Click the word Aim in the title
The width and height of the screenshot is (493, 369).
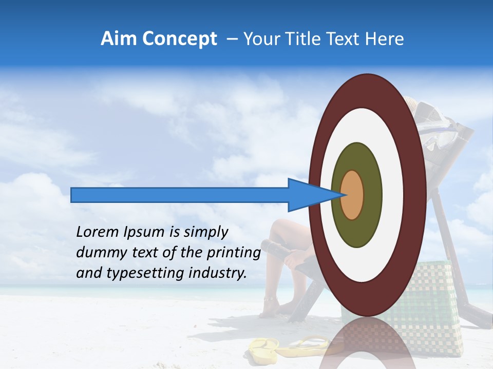point(118,39)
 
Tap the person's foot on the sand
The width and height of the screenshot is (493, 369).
point(270,307)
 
